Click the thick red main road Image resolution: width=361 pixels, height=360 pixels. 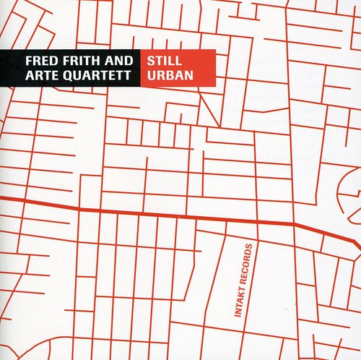pyautogui.click(x=144, y=213)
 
